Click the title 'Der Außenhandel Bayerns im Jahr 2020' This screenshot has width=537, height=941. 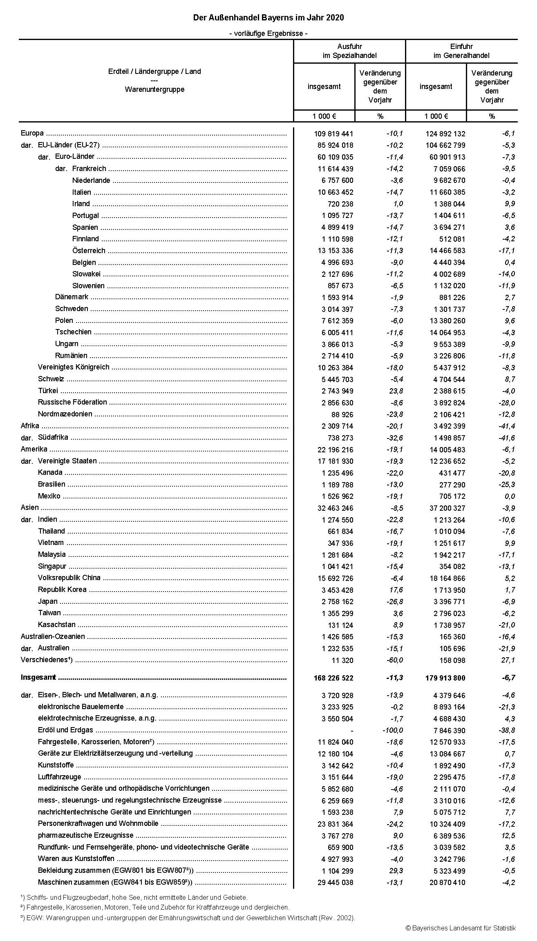click(x=268, y=18)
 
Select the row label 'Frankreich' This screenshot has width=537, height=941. click(x=89, y=169)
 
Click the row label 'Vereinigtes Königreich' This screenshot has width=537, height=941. click(x=74, y=367)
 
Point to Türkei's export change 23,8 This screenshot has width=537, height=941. click(x=395, y=391)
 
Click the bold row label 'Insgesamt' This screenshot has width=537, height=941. click(x=38, y=678)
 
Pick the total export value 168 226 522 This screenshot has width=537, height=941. click(x=332, y=678)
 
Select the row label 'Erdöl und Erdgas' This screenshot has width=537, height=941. click(x=65, y=730)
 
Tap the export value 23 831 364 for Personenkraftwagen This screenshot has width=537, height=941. click(x=335, y=824)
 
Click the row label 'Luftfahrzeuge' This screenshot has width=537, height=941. click(x=59, y=777)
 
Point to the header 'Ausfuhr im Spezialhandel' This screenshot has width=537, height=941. click(x=349, y=51)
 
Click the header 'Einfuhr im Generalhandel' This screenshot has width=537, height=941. click(x=461, y=51)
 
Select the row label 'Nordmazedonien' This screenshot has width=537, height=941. click(x=65, y=414)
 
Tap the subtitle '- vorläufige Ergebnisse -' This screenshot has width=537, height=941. click(x=268, y=33)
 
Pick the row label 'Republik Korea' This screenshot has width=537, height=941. click(x=62, y=590)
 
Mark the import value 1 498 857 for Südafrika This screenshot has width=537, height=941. click(x=449, y=438)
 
